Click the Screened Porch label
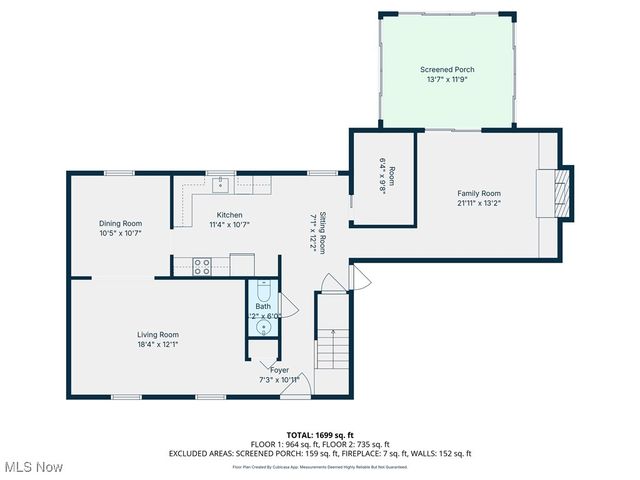pos(447,70)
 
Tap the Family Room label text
pos(477,193)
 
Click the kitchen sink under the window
pos(227,184)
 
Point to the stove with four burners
pos(202,266)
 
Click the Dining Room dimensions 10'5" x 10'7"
pos(120,233)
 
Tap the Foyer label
pos(279,370)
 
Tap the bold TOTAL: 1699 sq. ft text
pos(320,435)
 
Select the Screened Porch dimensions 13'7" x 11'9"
pos(447,80)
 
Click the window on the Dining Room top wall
pos(120,173)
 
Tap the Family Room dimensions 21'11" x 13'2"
pos(477,203)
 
